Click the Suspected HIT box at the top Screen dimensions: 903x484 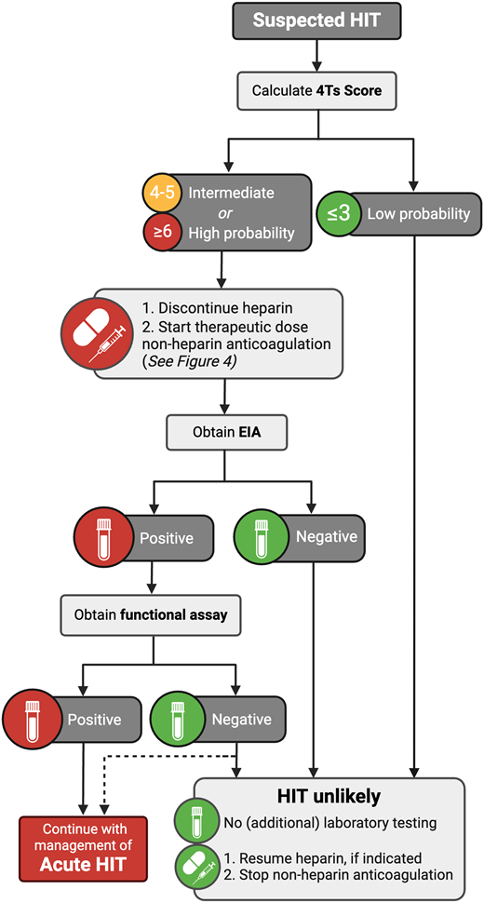pyautogui.click(x=317, y=20)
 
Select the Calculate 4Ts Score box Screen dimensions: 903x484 pyautogui.click(x=317, y=91)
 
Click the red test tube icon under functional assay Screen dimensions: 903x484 pyautogui.click(x=33, y=719)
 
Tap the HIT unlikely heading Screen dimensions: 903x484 pyautogui.click(x=329, y=797)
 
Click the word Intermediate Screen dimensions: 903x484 pyautogui.click(x=232, y=193)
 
